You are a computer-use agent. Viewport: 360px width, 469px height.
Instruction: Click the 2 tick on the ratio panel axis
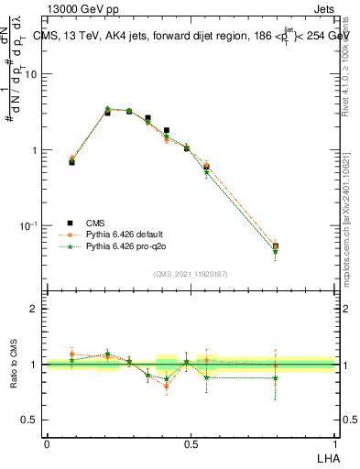coord(34,309)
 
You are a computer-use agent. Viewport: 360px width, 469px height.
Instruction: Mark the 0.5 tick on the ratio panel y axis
coord(29,420)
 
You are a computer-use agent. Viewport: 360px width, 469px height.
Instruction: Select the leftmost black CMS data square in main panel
coord(72,161)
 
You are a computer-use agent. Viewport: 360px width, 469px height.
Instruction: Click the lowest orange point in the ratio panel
coord(166,386)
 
